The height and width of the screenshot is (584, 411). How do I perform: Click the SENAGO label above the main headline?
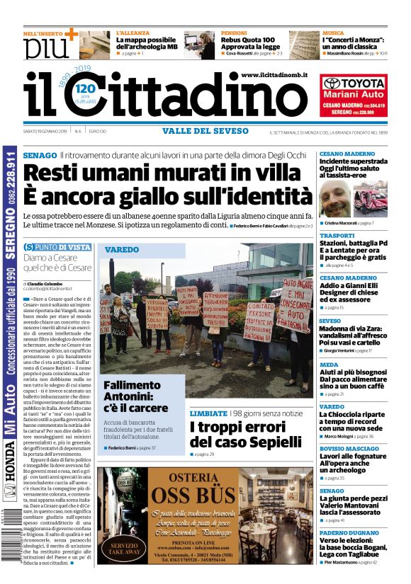coord(40,154)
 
